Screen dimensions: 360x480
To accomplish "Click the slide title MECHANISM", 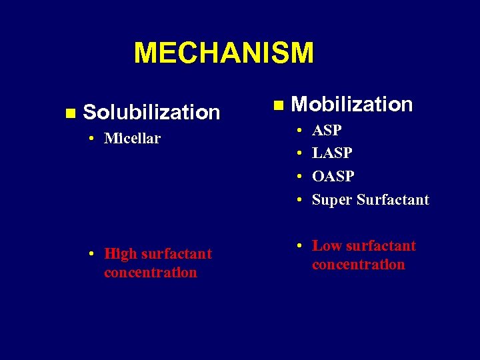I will pyautogui.click(x=223, y=53).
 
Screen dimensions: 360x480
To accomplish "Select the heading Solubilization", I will pyautogui.click(x=151, y=113).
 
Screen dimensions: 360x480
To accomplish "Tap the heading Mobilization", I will pyautogui.click(x=352, y=105).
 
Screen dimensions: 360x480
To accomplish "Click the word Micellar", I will pyautogui.click(x=132, y=139).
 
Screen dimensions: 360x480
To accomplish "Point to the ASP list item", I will pyautogui.click(x=327, y=130).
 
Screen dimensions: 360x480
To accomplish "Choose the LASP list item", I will pyautogui.click(x=332, y=153).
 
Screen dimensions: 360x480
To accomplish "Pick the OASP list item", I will pyautogui.click(x=333, y=177).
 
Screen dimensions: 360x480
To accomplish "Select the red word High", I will pyautogui.click(x=120, y=254).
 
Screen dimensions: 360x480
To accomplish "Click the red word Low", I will pyautogui.click(x=326, y=246).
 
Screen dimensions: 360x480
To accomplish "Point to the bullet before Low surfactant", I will pyautogui.click(x=299, y=246).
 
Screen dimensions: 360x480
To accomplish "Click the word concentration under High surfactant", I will pyautogui.click(x=150, y=273).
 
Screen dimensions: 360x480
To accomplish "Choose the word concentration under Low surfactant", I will pyautogui.click(x=358, y=265).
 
